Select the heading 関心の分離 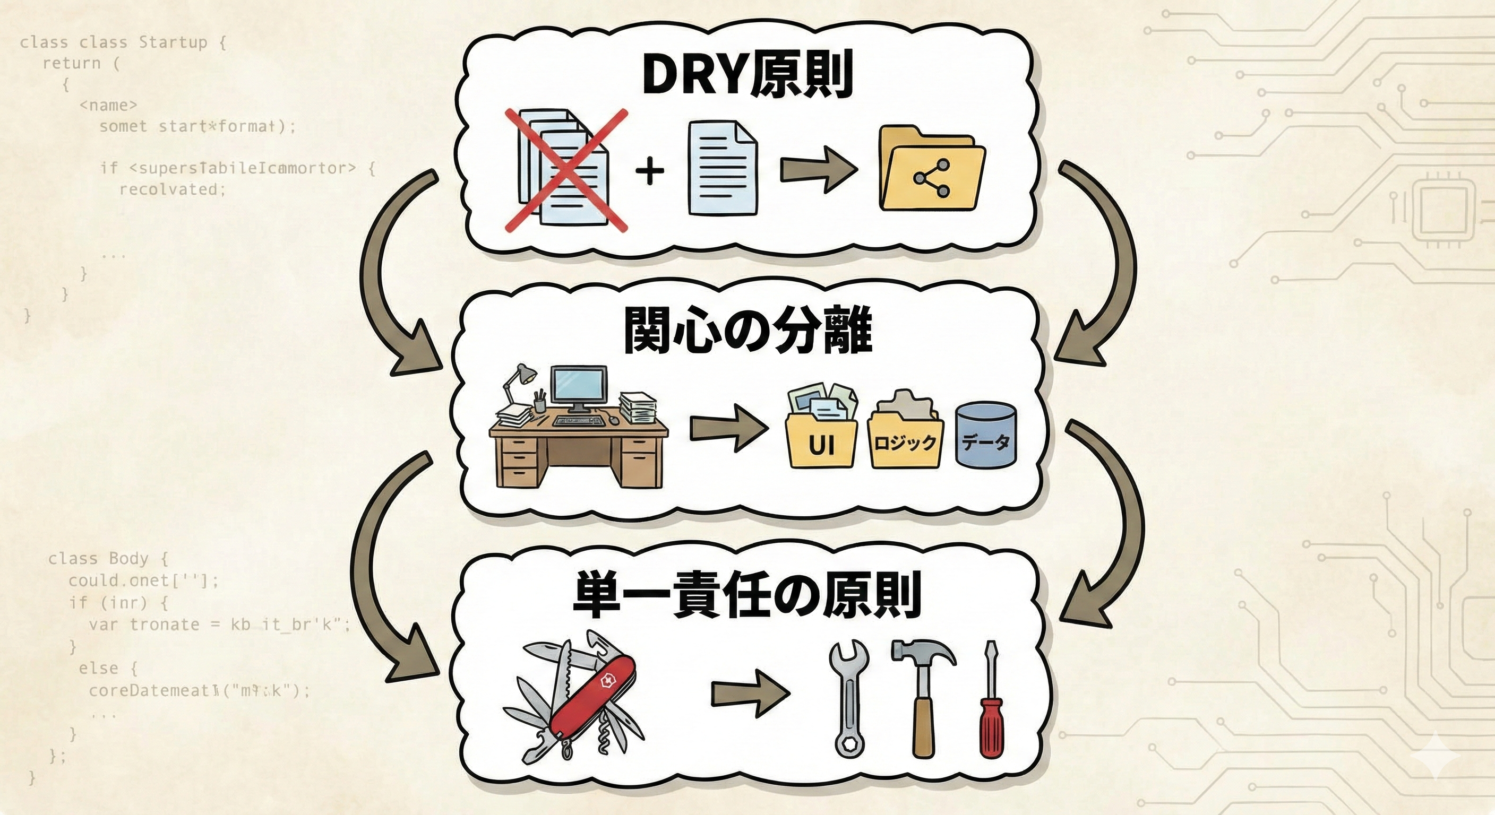click(747, 332)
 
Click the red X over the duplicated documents click(565, 169)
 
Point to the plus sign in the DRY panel click(650, 172)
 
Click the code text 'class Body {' click(107, 559)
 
